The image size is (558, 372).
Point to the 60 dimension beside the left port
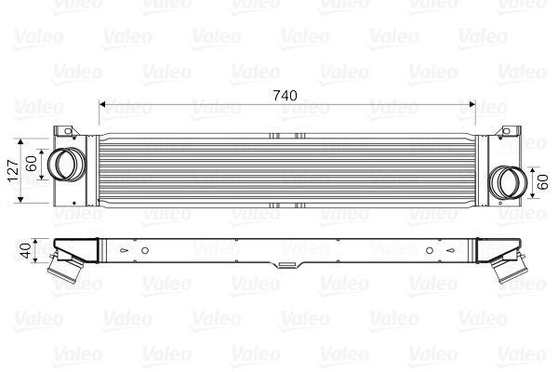click(33, 165)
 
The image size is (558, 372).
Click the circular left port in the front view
click(64, 164)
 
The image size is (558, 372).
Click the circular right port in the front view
click(507, 179)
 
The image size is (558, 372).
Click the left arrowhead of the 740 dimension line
click(101, 104)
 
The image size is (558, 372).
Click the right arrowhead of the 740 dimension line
click(472, 104)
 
